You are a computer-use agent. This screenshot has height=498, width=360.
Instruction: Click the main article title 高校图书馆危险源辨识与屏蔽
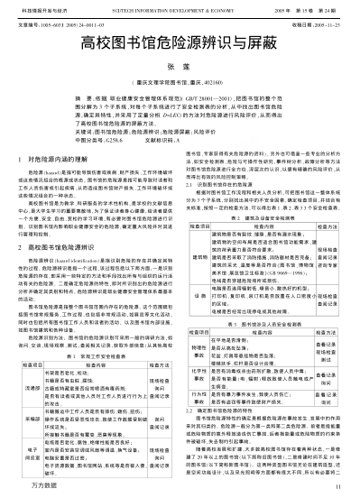pos(180,43)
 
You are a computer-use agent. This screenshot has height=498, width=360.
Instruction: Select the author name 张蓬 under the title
pos(180,66)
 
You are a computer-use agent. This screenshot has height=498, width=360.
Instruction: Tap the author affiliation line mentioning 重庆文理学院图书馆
pos(180,79)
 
